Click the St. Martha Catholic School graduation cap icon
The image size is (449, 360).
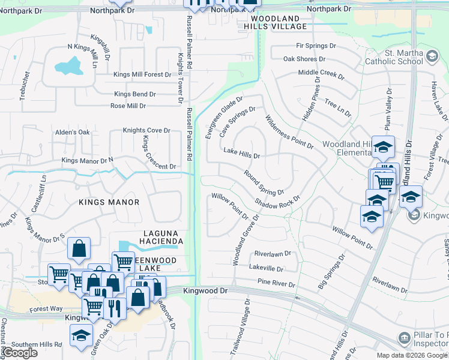pyautogui.click(x=432, y=58)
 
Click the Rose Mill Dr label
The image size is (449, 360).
pyautogui.click(x=128, y=106)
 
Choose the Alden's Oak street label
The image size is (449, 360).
pyautogui.click(x=72, y=132)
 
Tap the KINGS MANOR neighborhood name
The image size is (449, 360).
pyautogui.click(x=109, y=202)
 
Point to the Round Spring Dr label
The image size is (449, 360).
pyautogui.click(x=264, y=183)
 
